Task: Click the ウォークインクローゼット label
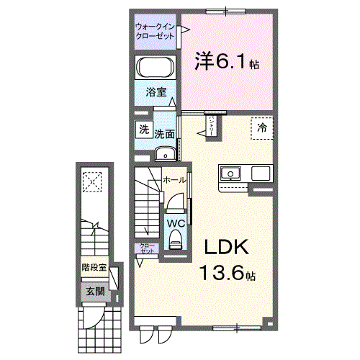click(x=155, y=32)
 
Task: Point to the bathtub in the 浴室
click(x=155, y=69)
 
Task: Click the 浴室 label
click(x=156, y=92)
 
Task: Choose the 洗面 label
click(x=165, y=133)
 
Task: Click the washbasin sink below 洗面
click(x=166, y=152)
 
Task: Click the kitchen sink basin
click(x=232, y=174)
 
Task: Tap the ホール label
click(x=174, y=179)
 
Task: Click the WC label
click(x=176, y=222)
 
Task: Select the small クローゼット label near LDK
click(x=147, y=249)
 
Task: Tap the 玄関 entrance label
click(x=94, y=292)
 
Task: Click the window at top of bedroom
click(x=225, y=10)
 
